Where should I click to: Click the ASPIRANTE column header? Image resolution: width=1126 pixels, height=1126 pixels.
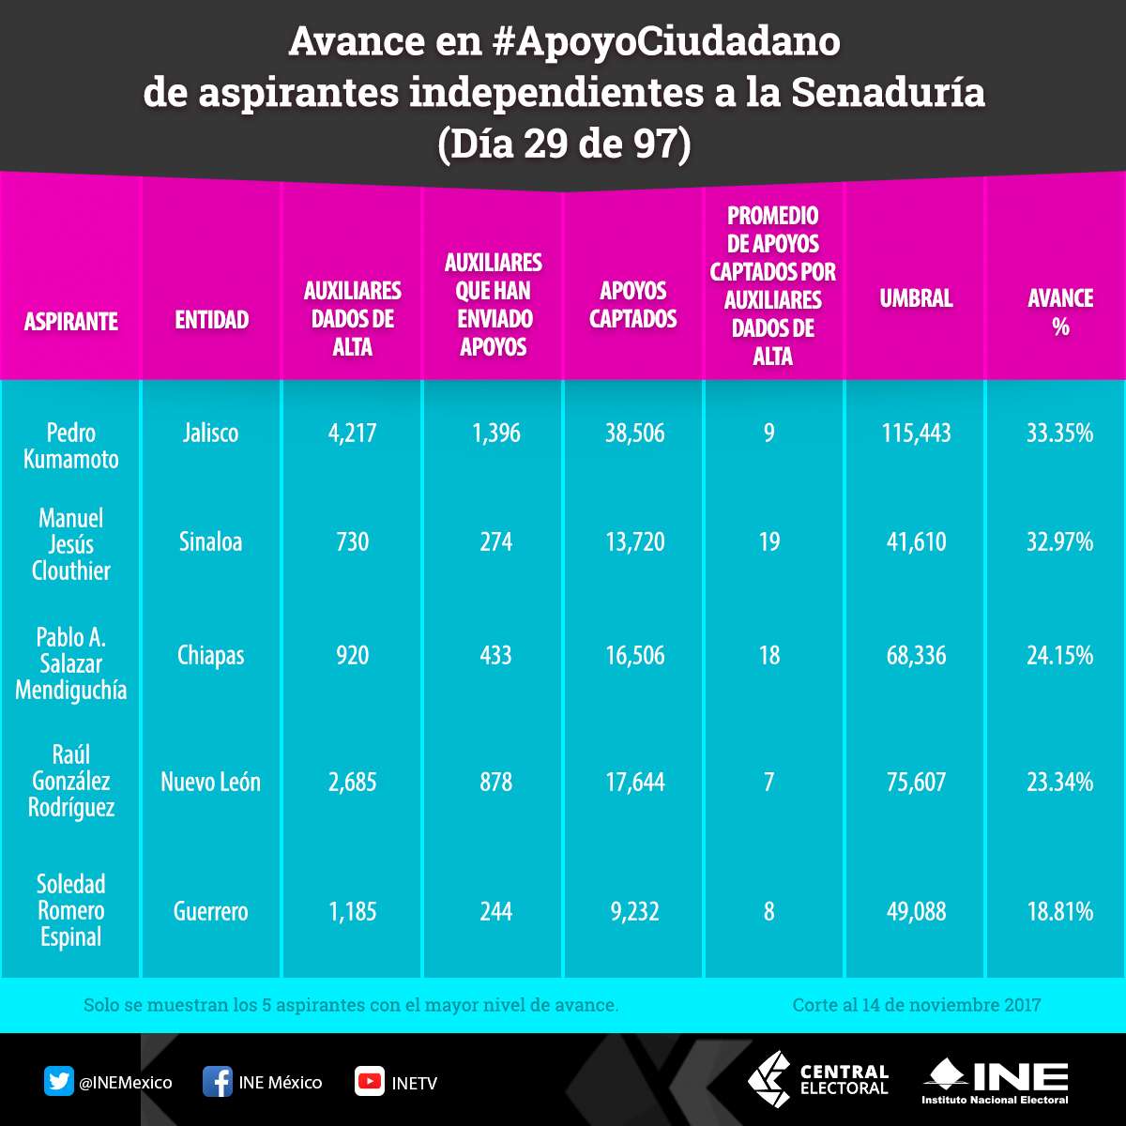(x=71, y=321)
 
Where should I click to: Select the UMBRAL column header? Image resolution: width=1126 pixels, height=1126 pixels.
(x=916, y=298)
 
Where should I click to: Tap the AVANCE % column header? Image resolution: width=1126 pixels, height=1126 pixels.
(x=1060, y=312)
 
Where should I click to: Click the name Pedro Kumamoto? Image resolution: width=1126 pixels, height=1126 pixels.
(x=71, y=446)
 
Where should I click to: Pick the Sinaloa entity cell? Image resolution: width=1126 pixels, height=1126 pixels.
(x=210, y=541)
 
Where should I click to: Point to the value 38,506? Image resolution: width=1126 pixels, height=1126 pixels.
(x=634, y=433)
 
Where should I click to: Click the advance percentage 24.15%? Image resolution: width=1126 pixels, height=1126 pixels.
(x=1059, y=655)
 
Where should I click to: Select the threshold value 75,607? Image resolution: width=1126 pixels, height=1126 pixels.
(x=915, y=782)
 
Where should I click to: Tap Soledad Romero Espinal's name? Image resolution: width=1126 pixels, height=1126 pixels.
(x=71, y=910)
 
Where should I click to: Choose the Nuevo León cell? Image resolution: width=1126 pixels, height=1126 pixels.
(x=210, y=782)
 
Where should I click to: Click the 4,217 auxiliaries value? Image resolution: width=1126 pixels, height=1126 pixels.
(x=353, y=433)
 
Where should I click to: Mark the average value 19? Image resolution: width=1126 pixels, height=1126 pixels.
(x=769, y=541)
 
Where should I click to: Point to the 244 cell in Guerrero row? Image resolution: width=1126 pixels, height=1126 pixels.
(x=495, y=911)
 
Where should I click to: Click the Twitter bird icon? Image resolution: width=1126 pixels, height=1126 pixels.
(x=59, y=1082)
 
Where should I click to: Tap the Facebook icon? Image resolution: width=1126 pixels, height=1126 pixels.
(x=218, y=1082)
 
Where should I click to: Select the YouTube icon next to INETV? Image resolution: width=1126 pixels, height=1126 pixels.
(x=370, y=1082)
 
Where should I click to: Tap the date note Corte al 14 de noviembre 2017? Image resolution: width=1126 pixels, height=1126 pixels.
(x=917, y=1005)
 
